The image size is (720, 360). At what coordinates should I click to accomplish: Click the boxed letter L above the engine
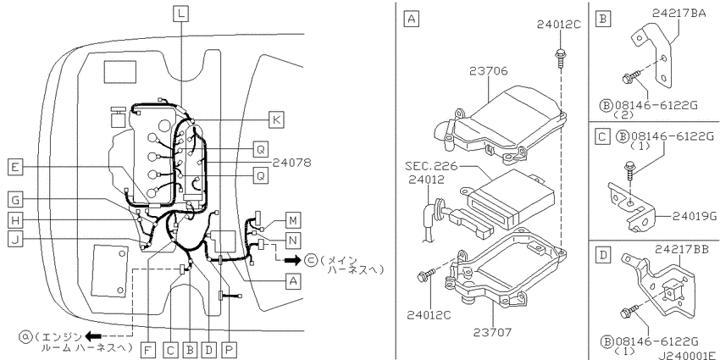181,14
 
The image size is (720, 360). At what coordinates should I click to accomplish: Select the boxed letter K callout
275,119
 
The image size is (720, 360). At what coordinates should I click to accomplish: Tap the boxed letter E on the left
15,168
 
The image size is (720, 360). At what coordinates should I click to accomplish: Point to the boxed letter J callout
15,241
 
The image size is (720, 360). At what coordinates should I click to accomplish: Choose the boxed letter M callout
292,220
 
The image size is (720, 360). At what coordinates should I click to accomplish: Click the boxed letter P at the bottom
229,351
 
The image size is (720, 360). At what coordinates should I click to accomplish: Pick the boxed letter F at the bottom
148,351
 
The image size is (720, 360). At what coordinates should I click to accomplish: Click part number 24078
291,163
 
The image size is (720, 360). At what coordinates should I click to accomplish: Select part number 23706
489,71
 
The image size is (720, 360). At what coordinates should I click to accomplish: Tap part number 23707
492,331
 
